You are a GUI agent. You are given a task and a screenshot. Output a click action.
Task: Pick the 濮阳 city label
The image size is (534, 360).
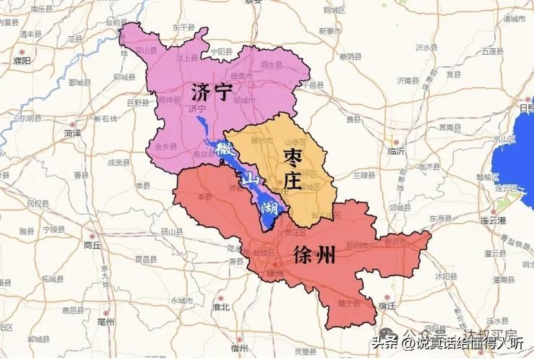pos(22,61)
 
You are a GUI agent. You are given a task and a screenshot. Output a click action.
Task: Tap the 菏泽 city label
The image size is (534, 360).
pos(72,134)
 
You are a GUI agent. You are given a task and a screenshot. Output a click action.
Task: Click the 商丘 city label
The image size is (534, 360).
pos(92,245)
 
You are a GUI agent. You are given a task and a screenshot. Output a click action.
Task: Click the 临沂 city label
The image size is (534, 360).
pos(397,151)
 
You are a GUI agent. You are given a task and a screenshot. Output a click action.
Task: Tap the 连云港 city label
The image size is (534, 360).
pos(500,220)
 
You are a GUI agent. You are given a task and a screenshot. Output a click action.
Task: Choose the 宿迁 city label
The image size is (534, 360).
pos(387,307)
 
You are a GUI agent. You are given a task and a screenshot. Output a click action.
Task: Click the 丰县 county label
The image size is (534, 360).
pos(193,196)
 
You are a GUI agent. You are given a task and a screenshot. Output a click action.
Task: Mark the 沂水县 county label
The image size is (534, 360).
pos(426,48)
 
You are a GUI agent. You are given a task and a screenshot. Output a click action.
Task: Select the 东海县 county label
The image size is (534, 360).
pos(440,218)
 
